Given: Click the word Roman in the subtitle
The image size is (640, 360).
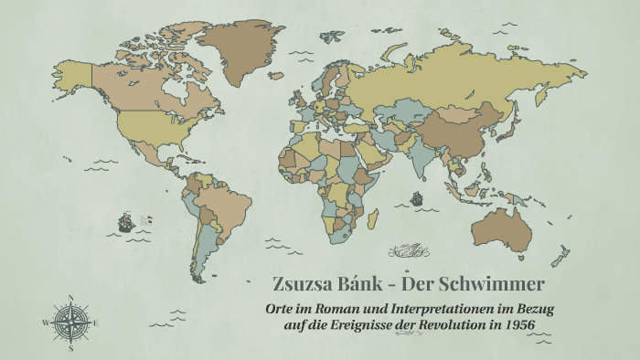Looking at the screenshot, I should point(345,308).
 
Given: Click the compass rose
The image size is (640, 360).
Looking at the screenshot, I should point(70,322).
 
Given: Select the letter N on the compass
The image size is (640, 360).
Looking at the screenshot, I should point(70,296).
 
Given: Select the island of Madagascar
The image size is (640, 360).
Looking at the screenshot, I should point(374,220).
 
